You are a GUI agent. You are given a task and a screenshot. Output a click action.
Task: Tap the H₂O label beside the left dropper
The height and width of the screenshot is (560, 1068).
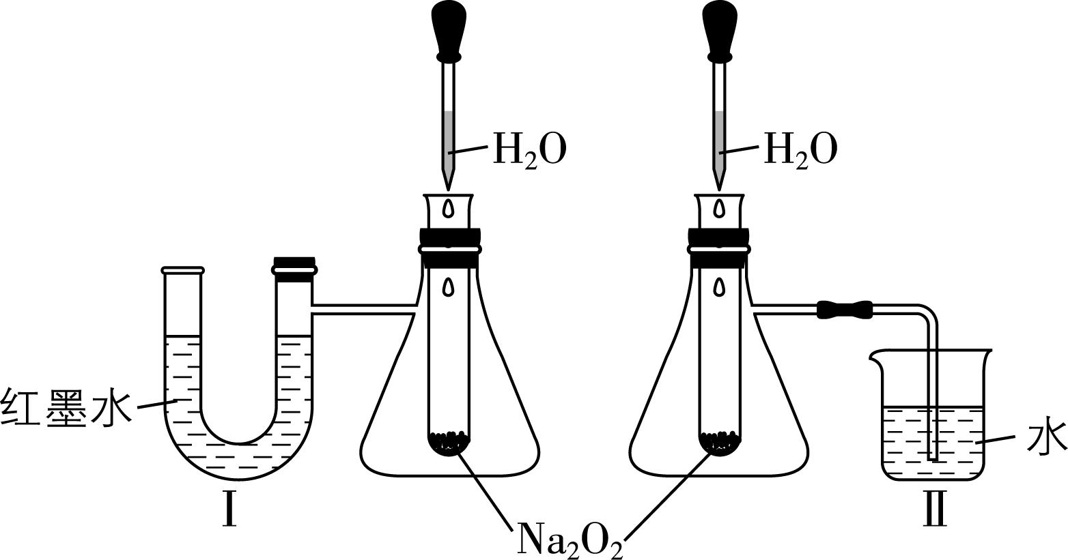pos(530,149)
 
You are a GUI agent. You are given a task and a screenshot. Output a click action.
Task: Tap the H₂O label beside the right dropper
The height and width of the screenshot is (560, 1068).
pos(800,149)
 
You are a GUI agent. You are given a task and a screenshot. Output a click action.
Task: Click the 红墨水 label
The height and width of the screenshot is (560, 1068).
pos(66,408)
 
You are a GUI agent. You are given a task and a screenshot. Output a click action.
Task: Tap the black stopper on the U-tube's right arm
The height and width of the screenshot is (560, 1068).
pos(294,270)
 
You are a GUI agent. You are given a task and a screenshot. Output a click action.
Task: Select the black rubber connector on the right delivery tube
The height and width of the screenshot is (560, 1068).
pos(845,309)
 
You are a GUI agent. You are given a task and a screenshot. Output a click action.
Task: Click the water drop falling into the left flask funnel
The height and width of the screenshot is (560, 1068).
pos(448,207)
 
